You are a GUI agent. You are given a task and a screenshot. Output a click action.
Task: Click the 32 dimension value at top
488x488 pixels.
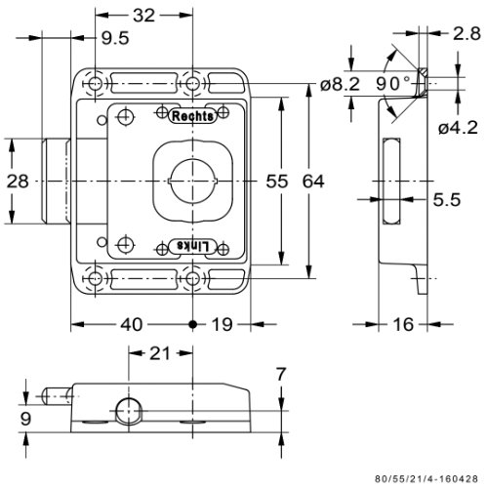point(143,16)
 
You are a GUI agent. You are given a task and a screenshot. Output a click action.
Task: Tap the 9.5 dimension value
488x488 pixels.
point(115,38)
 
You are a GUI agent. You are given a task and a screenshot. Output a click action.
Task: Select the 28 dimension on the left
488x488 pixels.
point(18,182)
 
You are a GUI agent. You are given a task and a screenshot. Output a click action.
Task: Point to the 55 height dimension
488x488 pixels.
point(277,182)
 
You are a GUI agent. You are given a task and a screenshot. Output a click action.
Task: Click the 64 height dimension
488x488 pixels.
point(313,182)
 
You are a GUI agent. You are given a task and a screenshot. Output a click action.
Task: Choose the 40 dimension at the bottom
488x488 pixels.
point(132,324)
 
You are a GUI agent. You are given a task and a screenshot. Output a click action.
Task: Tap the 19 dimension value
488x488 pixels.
point(223,324)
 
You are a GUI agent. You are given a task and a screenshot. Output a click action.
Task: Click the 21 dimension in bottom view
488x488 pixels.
point(160,353)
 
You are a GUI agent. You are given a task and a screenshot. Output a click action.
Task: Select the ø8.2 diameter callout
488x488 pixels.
point(340,84)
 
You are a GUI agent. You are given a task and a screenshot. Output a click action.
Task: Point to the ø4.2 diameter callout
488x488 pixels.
point(458,127)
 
